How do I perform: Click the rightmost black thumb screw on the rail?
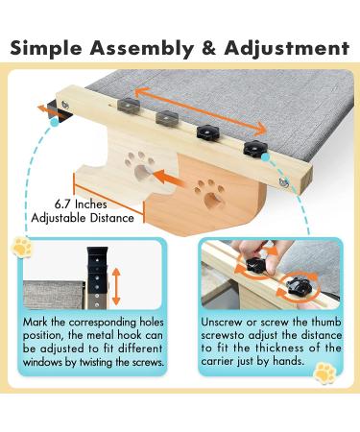click(254, 147)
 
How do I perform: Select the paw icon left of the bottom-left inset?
click(20, 249)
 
